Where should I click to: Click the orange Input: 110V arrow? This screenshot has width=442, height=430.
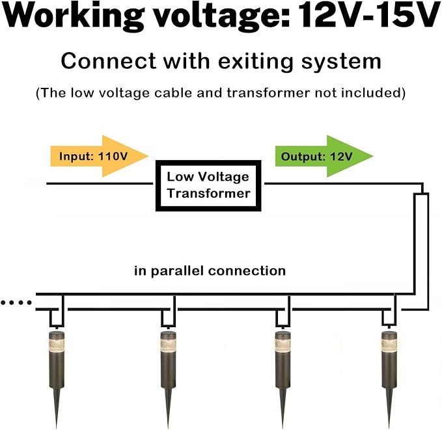click(99, 156)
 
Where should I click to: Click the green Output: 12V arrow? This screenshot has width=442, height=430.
click(324, 156)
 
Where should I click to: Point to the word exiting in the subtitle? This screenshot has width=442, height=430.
click(255, 61)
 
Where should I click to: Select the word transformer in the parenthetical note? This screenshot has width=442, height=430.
click(268, 93)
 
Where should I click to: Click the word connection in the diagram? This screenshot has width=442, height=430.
click(247, 271)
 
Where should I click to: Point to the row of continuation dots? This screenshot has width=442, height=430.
click(16, 303)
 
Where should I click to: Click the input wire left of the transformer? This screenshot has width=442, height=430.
click(100, 183)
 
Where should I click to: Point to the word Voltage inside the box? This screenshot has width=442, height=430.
click(223, 177)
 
